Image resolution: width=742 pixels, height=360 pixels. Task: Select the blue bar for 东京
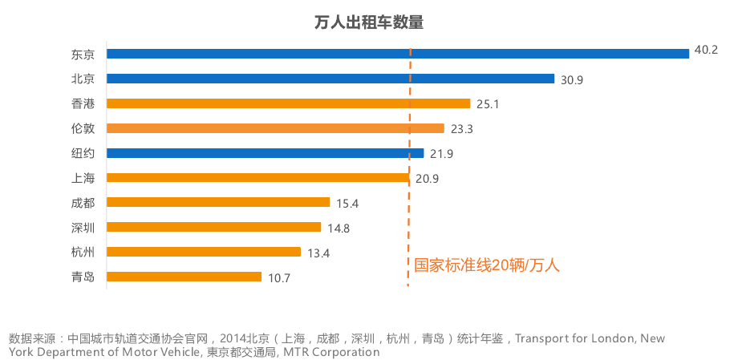[x=397, y=54]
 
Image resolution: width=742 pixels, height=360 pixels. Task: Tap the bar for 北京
[x=330, y=79]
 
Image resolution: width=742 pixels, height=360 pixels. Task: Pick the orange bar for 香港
[x=288, y=103]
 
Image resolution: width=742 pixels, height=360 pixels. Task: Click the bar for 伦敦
[x=275, y=128]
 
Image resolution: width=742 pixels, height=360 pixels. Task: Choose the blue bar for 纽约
[x=265, y=153]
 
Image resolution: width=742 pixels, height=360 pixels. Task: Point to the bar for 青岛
[x=184, y=277]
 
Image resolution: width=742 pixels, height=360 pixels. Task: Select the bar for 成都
[x=217, y=202]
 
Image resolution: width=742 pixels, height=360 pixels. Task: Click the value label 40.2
[x=706, y=50]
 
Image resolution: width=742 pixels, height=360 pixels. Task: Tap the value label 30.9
[x=571, y=79]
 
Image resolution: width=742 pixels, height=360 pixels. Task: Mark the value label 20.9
[x=427, y=178]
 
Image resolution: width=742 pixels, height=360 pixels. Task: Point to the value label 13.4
[x=318, y=253]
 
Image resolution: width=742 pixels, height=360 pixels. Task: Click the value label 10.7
[x=279, y=277]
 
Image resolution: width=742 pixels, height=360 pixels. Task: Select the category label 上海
[x=83, y=178]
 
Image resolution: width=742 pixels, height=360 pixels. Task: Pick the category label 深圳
[x=83, y=228]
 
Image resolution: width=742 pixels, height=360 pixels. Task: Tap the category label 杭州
[x=83, y=252]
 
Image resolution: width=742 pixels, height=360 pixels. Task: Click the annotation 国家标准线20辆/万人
[x=486, y=265]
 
